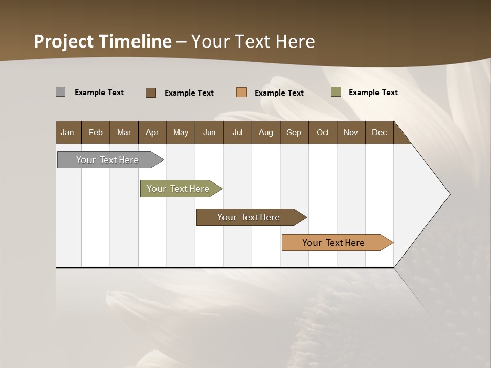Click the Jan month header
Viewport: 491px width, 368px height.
pos(68,132)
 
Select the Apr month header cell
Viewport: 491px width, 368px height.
pos(152,132)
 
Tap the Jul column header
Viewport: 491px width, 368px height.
pos(237,132)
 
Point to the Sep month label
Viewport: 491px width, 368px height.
pos(294,132)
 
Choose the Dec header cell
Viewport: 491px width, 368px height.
pos(379,132)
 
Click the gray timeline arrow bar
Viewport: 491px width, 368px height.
pos(107,160)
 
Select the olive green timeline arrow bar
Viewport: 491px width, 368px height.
pos(178,189)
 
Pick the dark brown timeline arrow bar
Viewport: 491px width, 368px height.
pos(249,217)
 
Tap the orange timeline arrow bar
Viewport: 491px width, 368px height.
pos(333,243)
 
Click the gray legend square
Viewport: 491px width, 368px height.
pos(60,92)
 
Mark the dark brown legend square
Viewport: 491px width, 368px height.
pos(150,93)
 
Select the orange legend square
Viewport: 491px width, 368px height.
pos(241,93)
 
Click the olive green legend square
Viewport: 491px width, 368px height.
pos(336,92)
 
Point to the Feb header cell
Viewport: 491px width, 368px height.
pos(96,132)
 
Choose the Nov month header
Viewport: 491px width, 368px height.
pos(350,132)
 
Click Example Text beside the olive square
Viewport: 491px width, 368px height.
pos(373,92)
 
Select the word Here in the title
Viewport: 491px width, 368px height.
pos(295,41)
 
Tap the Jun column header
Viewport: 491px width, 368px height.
pos(209,132)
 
